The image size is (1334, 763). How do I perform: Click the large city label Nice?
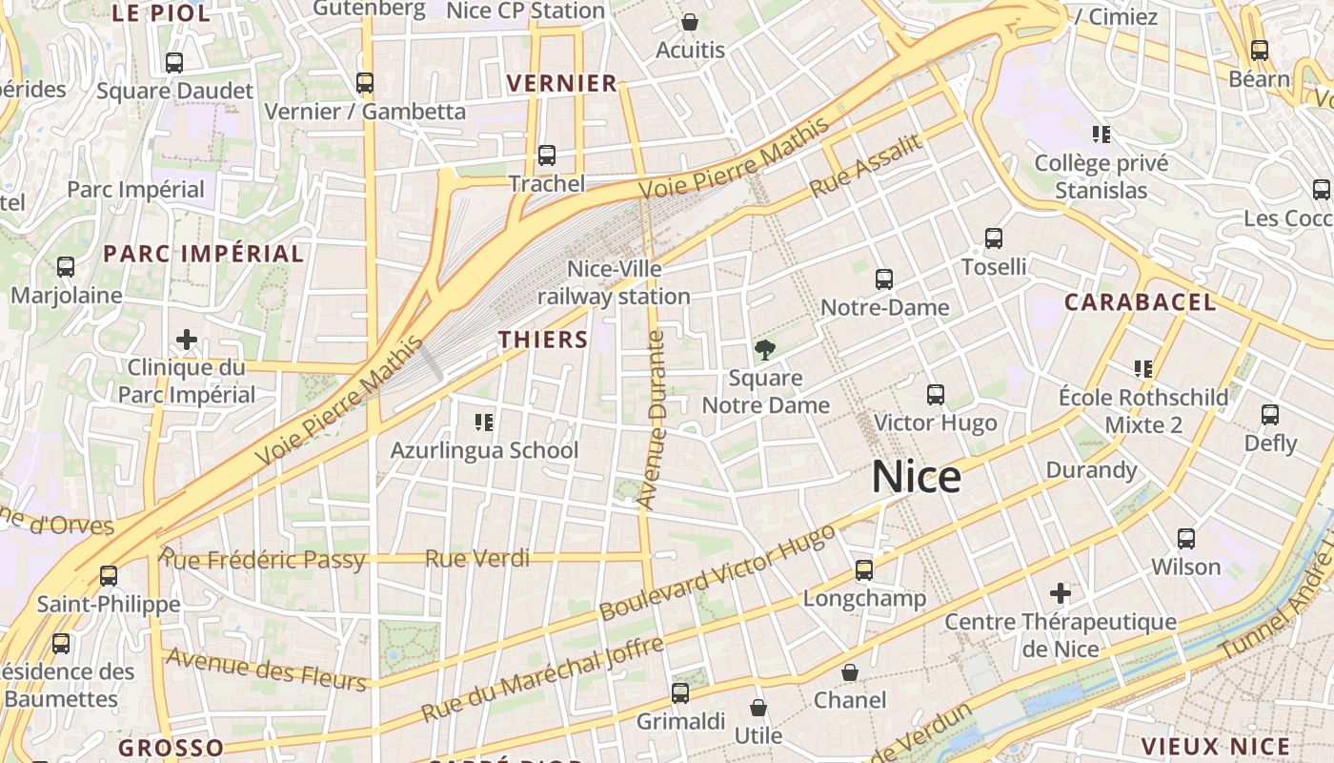[916, 477]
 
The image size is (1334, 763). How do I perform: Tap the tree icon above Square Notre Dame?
[764, 350]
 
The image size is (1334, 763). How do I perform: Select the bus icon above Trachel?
[547, 155]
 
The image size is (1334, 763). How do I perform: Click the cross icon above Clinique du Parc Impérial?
[187, 339]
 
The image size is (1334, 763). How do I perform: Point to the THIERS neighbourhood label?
[543, 340]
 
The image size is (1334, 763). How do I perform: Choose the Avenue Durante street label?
[653, 420]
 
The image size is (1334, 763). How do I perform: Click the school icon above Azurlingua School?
[484, 421]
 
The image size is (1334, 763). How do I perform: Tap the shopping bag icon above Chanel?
[850, 672]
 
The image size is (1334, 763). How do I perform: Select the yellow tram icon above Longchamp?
[864, 569]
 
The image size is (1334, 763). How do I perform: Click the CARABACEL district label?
[1140, 302]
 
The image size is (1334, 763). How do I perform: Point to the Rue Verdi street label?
[476, 559]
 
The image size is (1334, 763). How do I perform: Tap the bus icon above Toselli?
[994, 238]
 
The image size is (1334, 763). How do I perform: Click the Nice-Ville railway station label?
[614, 283]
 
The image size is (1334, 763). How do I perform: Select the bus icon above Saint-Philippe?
[109, 575]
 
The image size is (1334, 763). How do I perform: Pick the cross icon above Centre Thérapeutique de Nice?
[1061, 593]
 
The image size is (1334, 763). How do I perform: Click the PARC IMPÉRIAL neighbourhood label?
[204, 254]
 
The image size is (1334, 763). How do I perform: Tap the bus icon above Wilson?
[1186, 539]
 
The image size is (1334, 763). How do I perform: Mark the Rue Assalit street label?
[866, 166]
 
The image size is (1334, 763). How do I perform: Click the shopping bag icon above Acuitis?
[690, 21]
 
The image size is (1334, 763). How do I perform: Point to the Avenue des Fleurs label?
[266, 670]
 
